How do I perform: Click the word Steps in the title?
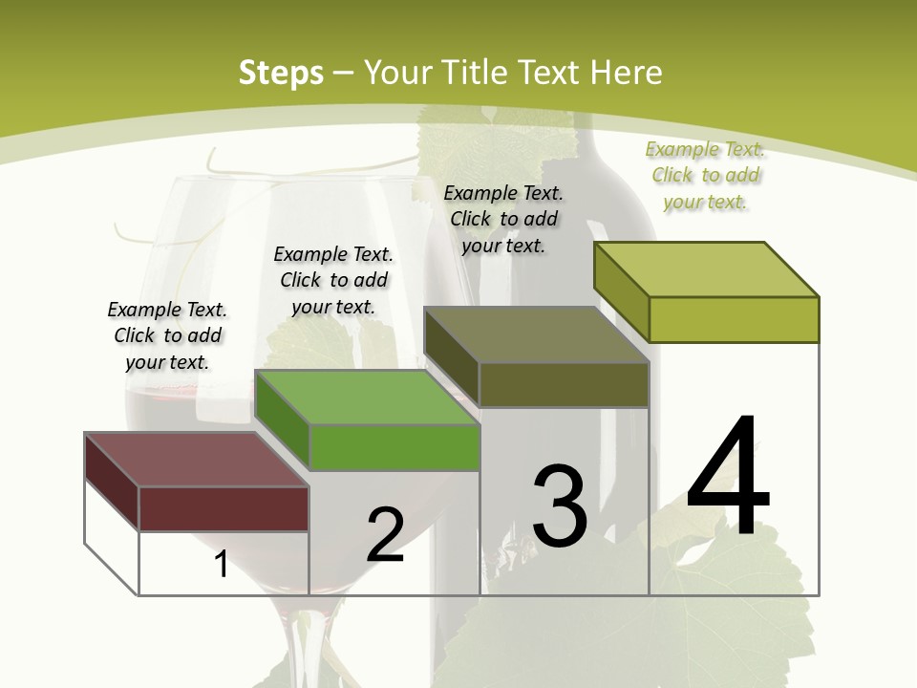pyautogui.click(x=280, y=73)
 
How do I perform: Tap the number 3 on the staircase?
pyautogui.click(x=560, y=506)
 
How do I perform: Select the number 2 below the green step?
pyautogui.click(x=385, y=535)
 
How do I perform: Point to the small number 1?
pyautogui.click(x=222, y=564)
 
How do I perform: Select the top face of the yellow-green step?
pyautogui.click(x=707, y=269)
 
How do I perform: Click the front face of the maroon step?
pyautogui.click(x=224, y=508)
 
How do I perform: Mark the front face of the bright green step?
pyautogui.click(x=394, y=447)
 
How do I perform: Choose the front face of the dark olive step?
pyautogui.click(x=564, y=384)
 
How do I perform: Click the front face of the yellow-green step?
pyautogui.click(x=734, y=319)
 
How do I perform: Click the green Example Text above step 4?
pyautogui.click(x=705, y=175)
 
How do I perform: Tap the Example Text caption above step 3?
pyautogui.click(x=503, y=219)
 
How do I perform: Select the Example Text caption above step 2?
pyautogui.click(x=333, y=280)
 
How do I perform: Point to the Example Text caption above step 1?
pyautogui.click(x=167, y=335)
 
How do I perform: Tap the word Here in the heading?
pyautogui.click(x=626, y=73)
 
